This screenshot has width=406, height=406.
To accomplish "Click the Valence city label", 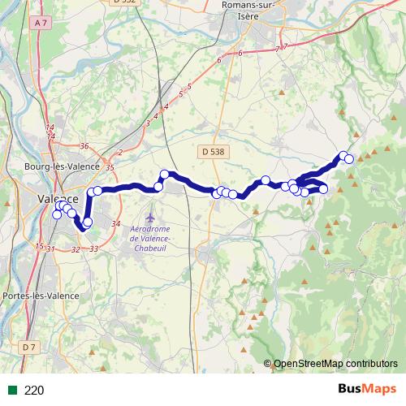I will pyautogui.click(x=58, y=199).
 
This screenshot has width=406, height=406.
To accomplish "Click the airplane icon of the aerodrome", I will pyautogui.click(x=149, y=218).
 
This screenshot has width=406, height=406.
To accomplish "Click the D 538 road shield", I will pyautogui.click(x=212, y=151).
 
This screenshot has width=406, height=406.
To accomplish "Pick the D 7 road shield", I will pyautogui.click(x=30, y=347).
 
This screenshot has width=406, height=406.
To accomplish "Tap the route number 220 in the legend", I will pyautogui.click(x=34, y=390).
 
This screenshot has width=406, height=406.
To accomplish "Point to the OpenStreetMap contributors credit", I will pyautogui.click(x=335, y=363).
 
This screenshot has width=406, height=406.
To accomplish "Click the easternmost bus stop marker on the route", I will pyautogui.click(x=349, y=158).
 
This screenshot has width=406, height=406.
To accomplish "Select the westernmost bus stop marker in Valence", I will pyautogui.click(x=56, y=214).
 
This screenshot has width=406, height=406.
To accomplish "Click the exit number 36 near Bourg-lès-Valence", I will pyautogui.click(x=84, y=146).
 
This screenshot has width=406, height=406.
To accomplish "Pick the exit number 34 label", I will pyautogui.click(x=115, y=223).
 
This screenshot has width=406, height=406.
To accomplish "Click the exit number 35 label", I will pyautogui.click(x=110, y=166).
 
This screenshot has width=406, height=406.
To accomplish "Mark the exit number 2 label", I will pyautogui.click(x=119, y=152).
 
